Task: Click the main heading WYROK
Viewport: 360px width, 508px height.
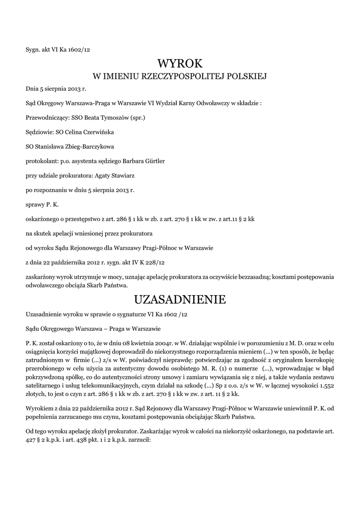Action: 180,63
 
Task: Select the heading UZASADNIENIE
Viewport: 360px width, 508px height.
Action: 180,300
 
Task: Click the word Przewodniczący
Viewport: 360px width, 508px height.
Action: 46,118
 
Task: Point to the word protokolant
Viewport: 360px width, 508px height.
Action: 42,161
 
